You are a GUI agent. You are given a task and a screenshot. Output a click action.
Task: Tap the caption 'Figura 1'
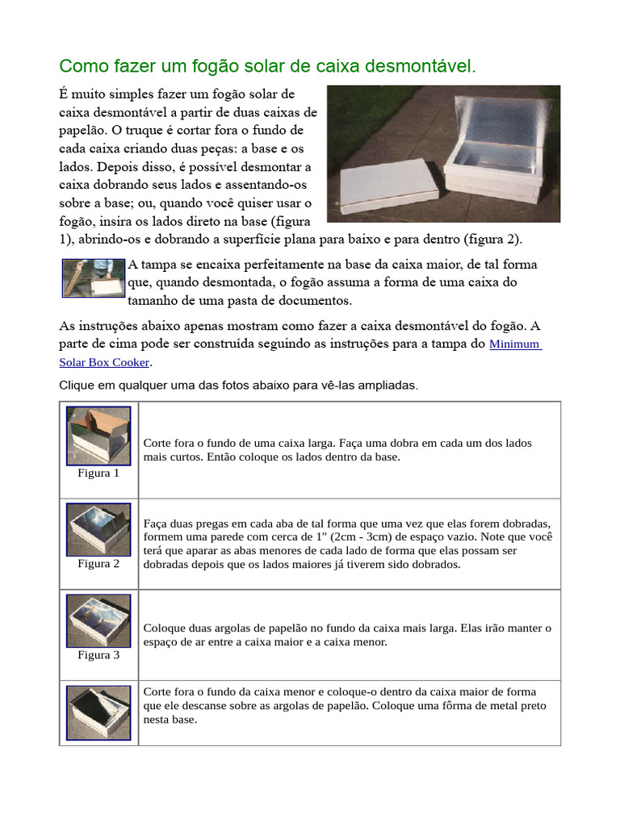(x=98, y=473)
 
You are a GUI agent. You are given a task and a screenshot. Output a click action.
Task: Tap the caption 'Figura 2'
(x=98, y=564)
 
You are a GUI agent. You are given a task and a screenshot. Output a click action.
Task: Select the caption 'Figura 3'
(x=98, y=655)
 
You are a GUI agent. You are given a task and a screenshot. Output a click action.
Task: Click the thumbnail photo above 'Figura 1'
(x=98, y=436)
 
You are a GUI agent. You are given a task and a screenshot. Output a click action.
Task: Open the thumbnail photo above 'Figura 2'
(x=98, y=529)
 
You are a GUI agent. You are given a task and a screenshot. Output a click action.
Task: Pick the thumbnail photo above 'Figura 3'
(x=98, y=620)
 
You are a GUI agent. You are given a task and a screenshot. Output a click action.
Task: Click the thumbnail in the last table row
(x=98, y=712)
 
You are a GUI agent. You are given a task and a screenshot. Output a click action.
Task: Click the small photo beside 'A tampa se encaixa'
(x=94, y=278)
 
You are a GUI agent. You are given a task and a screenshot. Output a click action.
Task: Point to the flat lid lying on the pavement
(x=387, y=186)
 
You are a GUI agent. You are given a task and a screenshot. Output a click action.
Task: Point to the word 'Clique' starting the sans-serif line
(x=77, y=386)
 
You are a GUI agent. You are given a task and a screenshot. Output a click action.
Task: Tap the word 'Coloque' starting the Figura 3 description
(x=165, y=628)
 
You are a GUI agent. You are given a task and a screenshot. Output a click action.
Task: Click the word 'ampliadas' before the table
(x=391, y=386)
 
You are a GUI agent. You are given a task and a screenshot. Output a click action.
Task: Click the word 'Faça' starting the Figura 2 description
(x=155, y=524)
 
